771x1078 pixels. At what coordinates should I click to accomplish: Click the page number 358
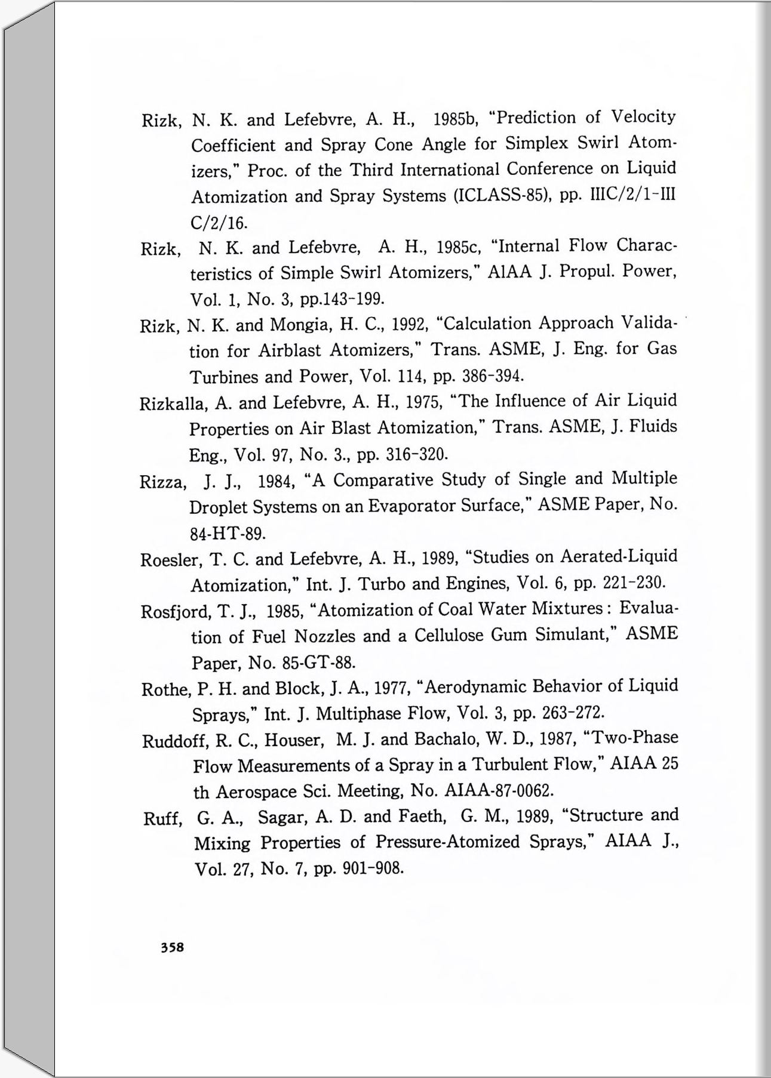(x=172, y=947)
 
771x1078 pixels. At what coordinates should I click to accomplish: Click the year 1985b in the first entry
(x=453, y=119)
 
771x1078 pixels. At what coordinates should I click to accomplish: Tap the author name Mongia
(x=300, y=325)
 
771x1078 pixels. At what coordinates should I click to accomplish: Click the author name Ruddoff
(x=176, y=741)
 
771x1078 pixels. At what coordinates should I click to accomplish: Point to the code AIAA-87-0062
(x=499, y=791)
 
